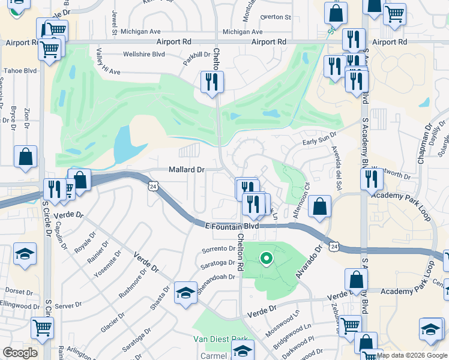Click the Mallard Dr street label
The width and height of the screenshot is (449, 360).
click(187, 170)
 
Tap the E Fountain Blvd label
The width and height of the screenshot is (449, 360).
click(231, 226)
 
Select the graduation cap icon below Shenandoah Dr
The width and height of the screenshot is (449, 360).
click(185, 293)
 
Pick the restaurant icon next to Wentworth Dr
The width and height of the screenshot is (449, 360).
click(372, 179)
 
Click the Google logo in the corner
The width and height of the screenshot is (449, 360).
click(20, 353)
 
